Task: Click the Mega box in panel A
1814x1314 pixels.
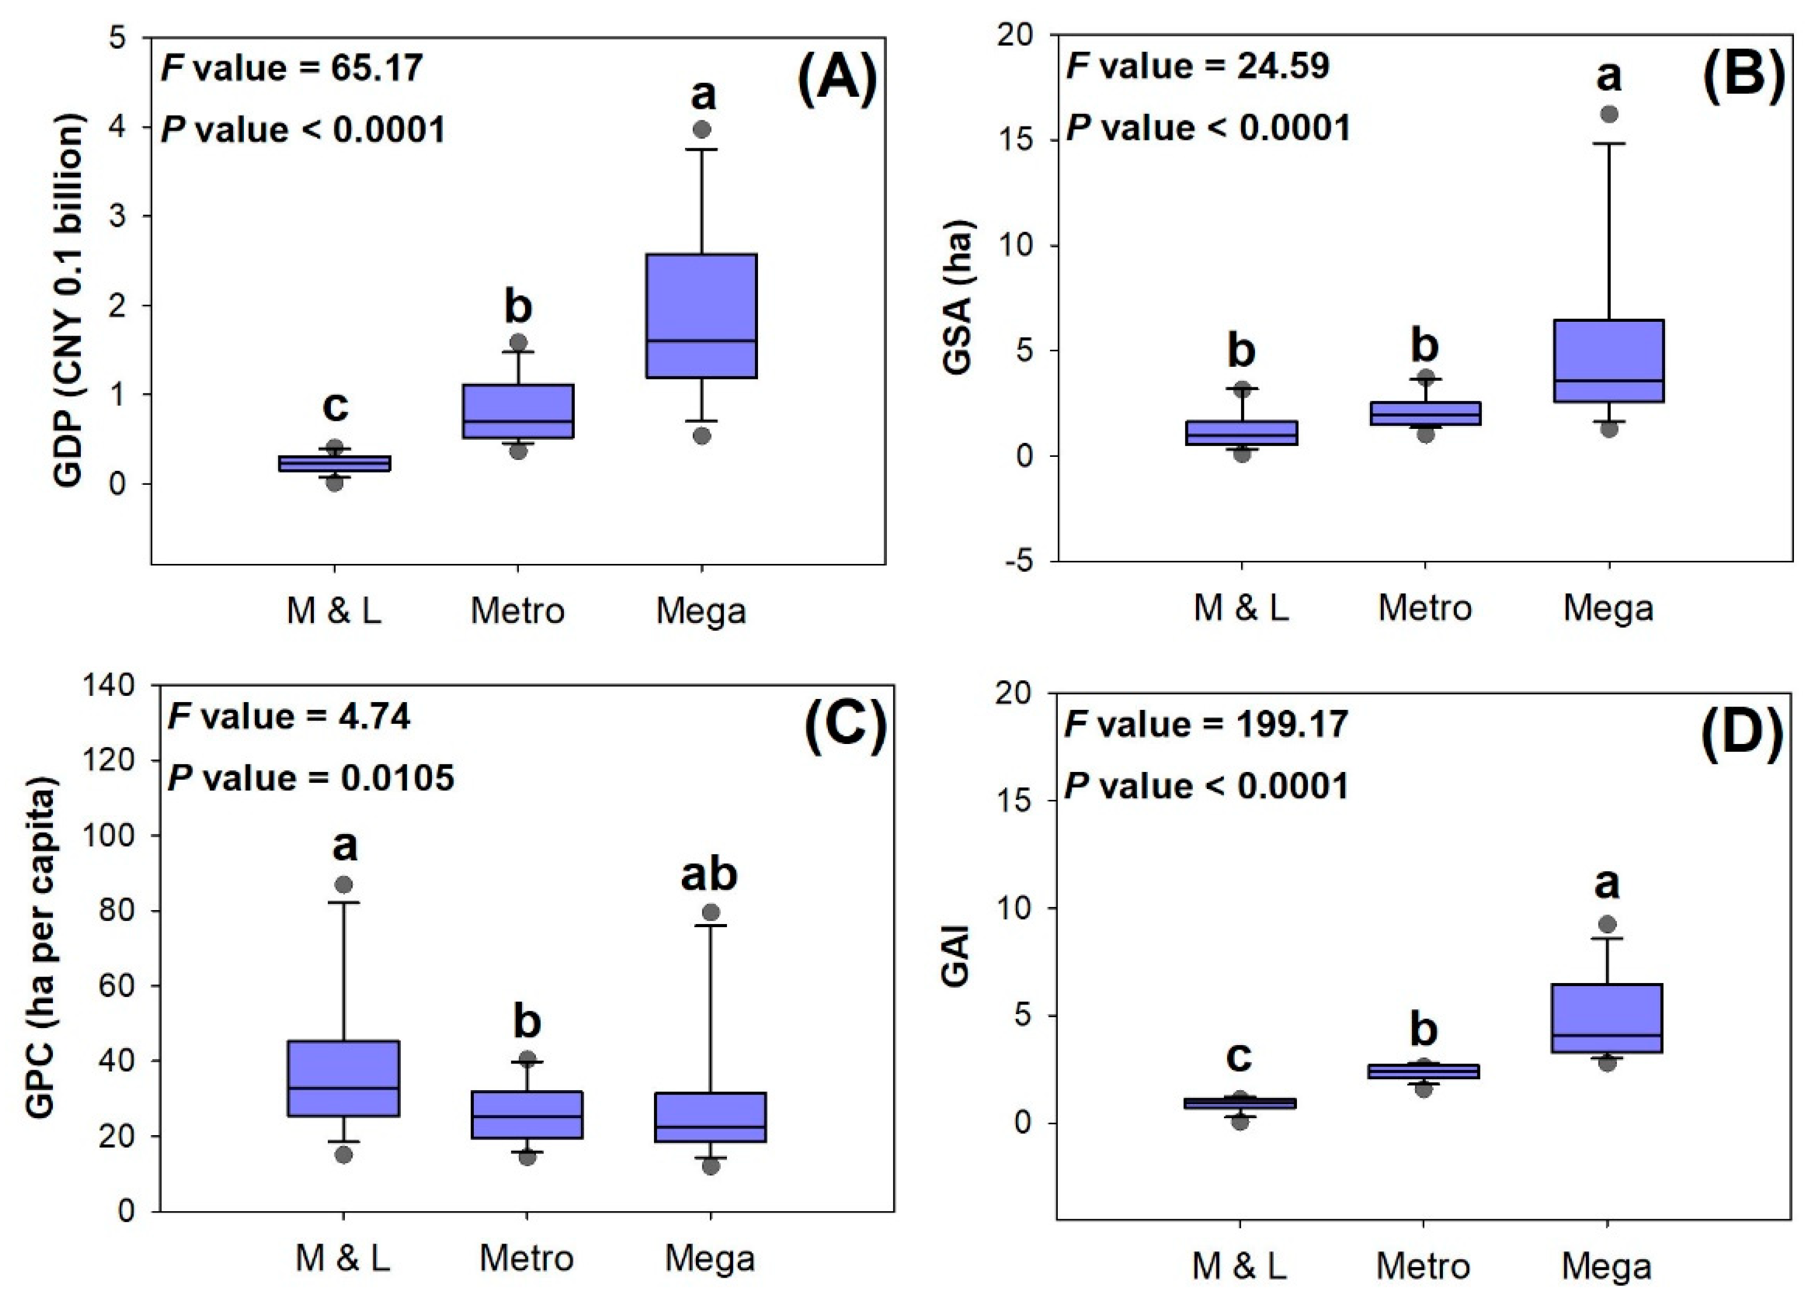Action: click(x=701, y=315)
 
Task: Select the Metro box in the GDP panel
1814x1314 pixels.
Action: click(x=518, y=411)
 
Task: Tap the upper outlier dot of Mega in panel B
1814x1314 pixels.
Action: click(x=1609, y=114)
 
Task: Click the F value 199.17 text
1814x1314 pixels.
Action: click(x=1207, y=725)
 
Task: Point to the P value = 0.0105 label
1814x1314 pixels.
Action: click(x=311, y=777)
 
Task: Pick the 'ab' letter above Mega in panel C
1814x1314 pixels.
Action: click(x=709, y=875)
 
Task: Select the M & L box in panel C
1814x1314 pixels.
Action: click(x=344, y=1078)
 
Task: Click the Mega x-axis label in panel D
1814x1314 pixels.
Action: click(x=1607, y=1267)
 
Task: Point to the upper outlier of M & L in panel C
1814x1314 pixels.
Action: click(x=344, y=885)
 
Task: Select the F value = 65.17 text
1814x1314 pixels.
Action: click(x=292, y=68)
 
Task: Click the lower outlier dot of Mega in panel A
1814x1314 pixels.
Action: click(x=701, y=436)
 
